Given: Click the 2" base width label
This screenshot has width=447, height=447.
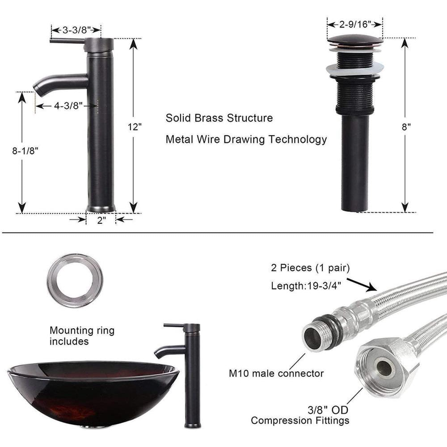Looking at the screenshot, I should (x=101, y=220).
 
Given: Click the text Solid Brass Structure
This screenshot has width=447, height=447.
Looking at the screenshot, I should (x=219, y=118).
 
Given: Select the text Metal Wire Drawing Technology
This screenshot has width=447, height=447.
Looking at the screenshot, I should (x=246, y=139).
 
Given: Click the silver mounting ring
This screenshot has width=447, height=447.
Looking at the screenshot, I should (x=75, y=280).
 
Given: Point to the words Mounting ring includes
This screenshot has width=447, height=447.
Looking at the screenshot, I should (x=82, y=336).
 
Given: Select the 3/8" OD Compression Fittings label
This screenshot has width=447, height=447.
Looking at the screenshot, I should (x=300, y=415).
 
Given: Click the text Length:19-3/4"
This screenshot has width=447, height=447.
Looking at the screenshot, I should (x=306, y=286).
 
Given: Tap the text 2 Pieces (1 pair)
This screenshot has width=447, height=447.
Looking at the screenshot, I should (x=310, y=268).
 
